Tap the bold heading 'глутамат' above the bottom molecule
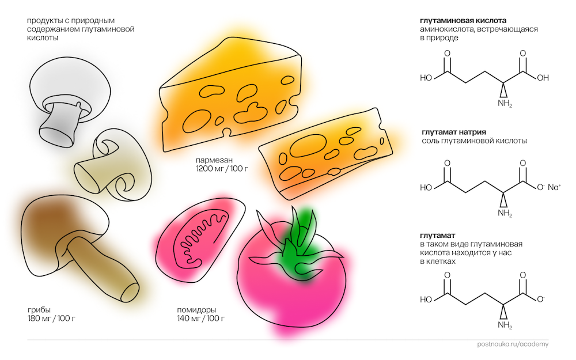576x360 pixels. click(x=438, y=236)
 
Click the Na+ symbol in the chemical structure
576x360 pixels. click(x=554, y=187)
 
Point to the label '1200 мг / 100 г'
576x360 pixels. click(x=222, y=169)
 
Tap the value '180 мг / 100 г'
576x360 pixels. click(x=51, y=318)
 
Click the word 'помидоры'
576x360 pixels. click(x=195, y=309)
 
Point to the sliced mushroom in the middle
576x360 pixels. click(x=112, y=164)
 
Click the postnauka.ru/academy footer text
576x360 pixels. click(x=513, y=344)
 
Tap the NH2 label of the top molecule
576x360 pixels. click(x=505, y=104)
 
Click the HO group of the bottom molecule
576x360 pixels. click(x=426, y=300)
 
